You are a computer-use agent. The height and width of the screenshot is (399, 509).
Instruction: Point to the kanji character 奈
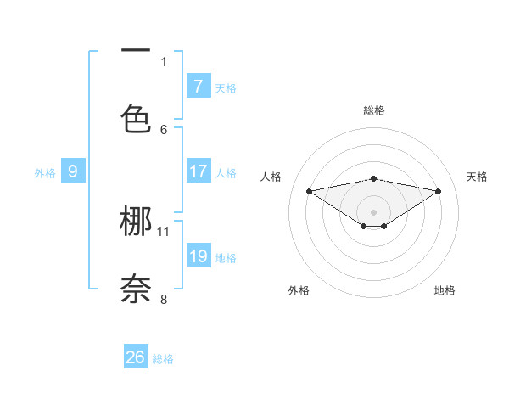click(x=136, y=289)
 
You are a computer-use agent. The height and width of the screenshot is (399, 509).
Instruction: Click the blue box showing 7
click(x=199, y=87)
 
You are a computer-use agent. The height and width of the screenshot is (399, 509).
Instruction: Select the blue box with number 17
click(x=199, y=171)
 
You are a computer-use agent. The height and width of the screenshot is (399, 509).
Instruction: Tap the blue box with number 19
click(x=199, y=256)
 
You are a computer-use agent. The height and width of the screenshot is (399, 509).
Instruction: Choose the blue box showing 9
click(x=73, y=171)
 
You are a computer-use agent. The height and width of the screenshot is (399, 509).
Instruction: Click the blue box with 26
click(x=136, y=357)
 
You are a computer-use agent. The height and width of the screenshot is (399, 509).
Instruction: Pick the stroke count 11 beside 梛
click(x=164, y=231)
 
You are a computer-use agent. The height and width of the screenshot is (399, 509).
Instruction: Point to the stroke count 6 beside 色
click(x=164, y=129)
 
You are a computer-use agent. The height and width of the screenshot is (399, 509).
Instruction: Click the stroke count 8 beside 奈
click(x=164, y=299)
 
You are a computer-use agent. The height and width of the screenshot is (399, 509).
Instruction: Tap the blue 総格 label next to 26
click(x=163, y=359)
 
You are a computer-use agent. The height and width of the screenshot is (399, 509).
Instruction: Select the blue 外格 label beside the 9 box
click(x=45, y=173)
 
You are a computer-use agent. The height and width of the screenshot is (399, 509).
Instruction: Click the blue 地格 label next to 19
click(x=226, y=258)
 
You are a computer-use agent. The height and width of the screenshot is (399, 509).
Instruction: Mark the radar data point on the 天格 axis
click(x=439, y=191)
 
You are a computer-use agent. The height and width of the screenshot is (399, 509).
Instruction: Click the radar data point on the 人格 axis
click(x=309, y=190)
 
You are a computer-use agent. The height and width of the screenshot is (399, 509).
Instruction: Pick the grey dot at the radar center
click(x=373, y=211)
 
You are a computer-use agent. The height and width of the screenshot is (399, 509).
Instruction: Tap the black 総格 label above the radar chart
click(x=374, y=110)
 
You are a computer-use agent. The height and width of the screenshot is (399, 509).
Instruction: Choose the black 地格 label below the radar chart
click(x=445, y=290)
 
